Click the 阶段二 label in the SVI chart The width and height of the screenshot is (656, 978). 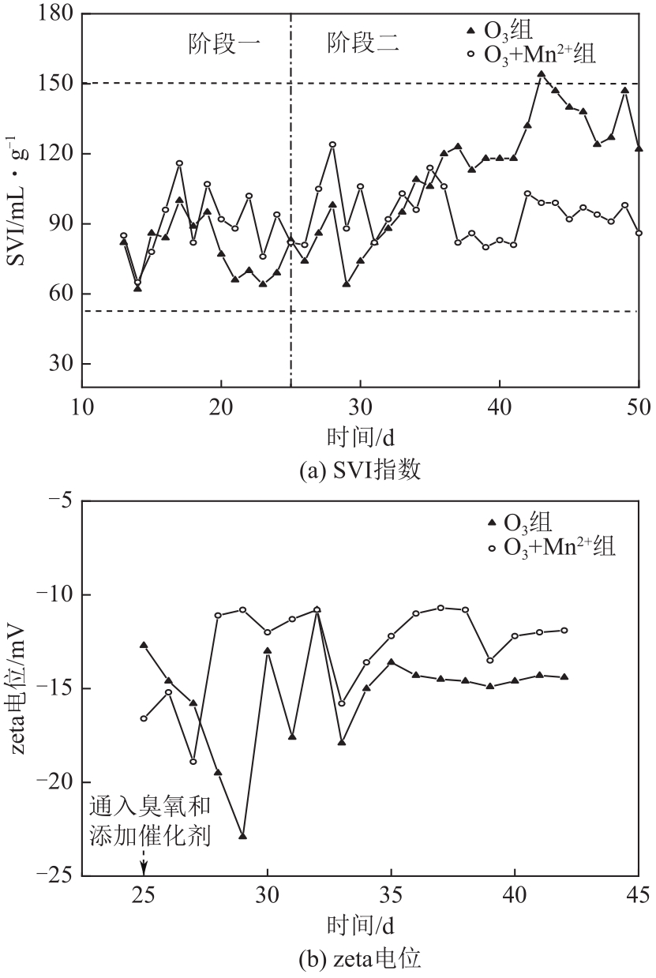363,43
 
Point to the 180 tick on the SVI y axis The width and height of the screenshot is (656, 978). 57,14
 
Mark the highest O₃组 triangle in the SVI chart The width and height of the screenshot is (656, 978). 541,74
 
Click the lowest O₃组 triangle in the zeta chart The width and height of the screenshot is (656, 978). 243,835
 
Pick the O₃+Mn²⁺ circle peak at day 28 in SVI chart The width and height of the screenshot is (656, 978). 332,144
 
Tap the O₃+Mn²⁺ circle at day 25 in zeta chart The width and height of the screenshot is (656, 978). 144,718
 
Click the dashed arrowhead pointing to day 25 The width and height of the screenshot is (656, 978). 144,870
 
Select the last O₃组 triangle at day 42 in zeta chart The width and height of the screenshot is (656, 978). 564,676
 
